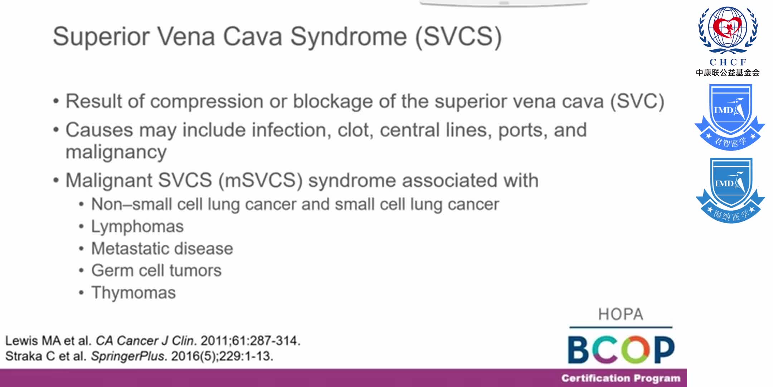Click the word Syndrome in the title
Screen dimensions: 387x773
pyautogui.click(x=348, y=37)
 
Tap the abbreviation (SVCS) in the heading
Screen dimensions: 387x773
pyautogui.click(x=458, y=37)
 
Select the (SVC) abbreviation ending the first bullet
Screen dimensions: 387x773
pyautogui.click(x=637, y=101)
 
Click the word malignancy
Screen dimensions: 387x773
pyautogui.click(x=116, y=152)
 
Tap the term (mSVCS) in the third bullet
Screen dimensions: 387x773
pyautogui.click(x=261, y=180)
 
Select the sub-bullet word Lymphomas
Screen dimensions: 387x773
pyautogui.click(x=137, y=226)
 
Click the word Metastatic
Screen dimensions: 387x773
pyautogui.click(x=130, y=249)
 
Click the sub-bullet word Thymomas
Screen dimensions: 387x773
pyautogui.click(x=133, y=293)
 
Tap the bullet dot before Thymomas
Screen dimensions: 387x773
pyautogui.click(x=82, y=293)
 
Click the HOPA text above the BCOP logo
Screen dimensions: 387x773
pyautogui.click(x=621, y=315)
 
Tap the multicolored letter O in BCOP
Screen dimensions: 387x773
pyautogui.click(x=636, y=349)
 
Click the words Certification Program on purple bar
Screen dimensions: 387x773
pyautogui.click(x=621, y=378)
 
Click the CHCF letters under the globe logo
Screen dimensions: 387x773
pyautogui.click(x=728, y=62)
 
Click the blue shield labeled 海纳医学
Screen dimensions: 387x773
pyautogui.click(x=730, y=190)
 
